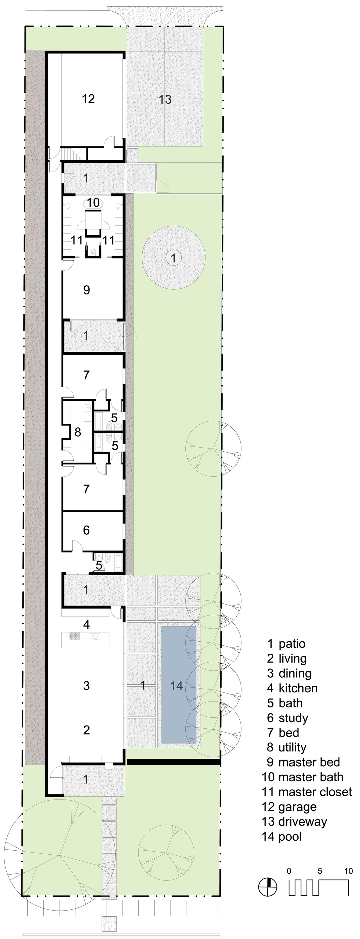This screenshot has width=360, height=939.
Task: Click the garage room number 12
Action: [88, 99]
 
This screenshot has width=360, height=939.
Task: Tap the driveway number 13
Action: [165, 99]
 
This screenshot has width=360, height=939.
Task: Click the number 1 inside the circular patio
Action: [174, 258]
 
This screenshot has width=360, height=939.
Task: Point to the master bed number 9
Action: [86, 290]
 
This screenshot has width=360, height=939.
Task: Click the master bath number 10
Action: [93, 203]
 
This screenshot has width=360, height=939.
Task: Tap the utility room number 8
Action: [78, 432]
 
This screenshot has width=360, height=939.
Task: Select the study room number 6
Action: [86, 530]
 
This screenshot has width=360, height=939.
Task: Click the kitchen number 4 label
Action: [86, 625]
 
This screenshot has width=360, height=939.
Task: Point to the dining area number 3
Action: [86, 686]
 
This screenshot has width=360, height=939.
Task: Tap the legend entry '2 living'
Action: [287, 659]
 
